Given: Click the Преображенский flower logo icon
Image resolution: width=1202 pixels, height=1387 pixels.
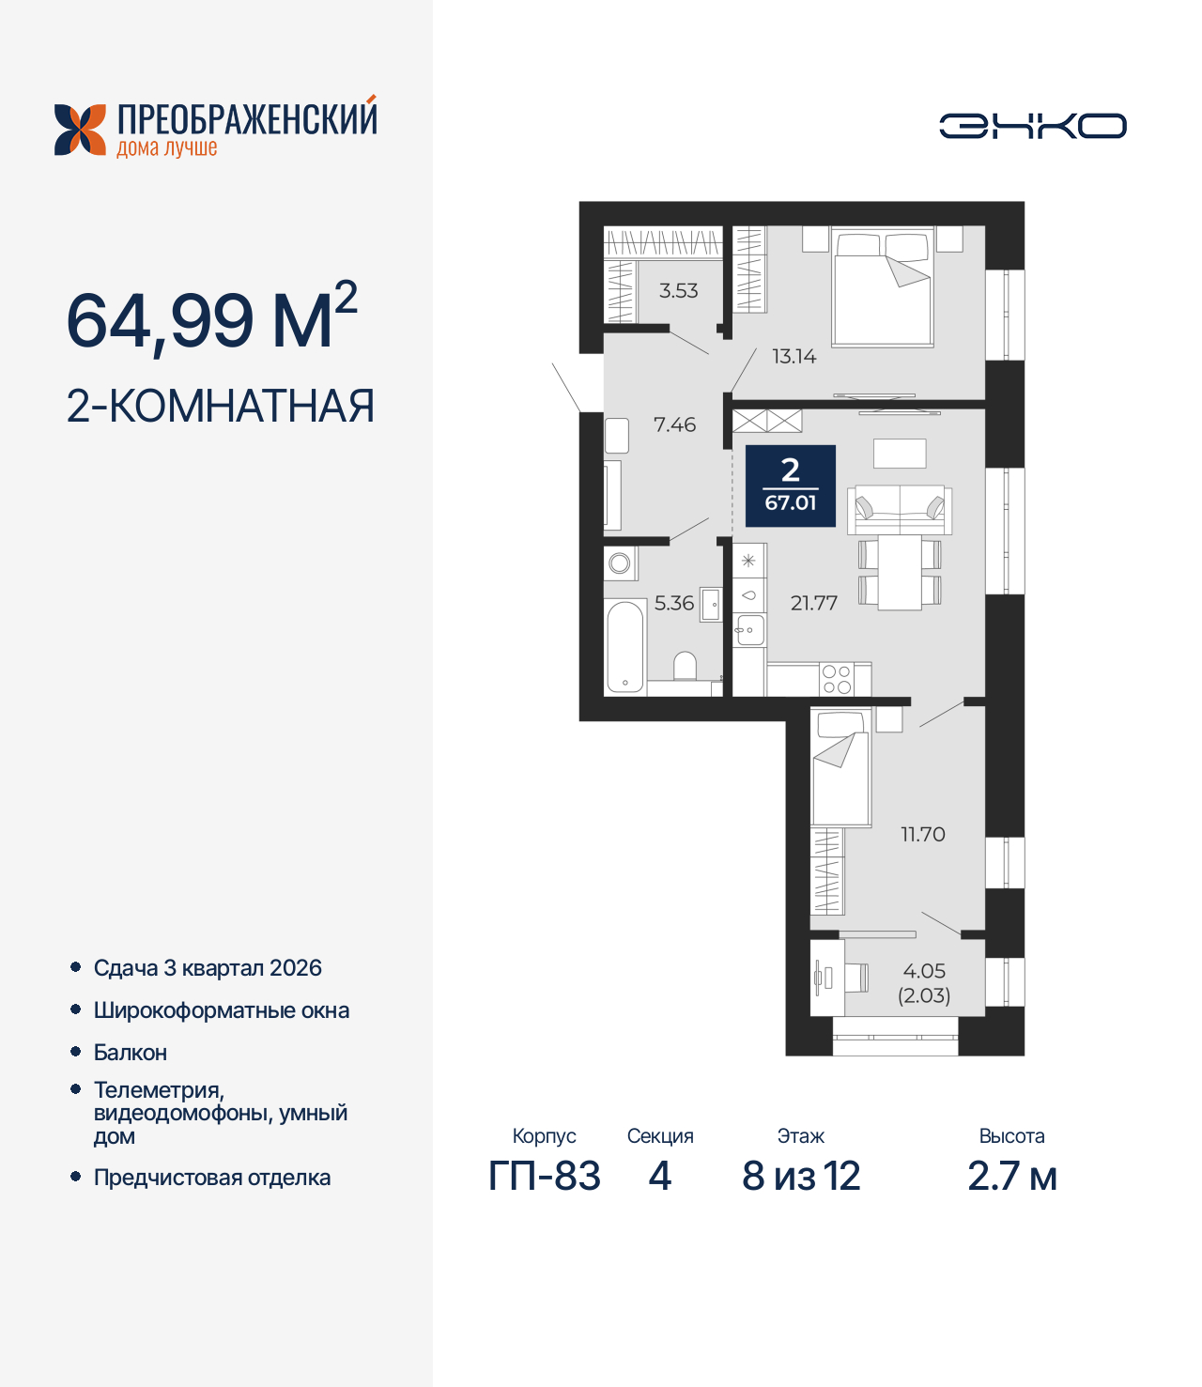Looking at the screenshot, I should pos(80,130).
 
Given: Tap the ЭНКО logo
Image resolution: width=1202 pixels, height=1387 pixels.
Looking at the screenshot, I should pos(1032,126).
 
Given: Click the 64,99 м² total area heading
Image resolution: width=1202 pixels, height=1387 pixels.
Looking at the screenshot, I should pos(212,319).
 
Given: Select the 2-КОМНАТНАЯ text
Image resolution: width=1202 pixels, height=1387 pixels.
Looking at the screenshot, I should pos(221,407).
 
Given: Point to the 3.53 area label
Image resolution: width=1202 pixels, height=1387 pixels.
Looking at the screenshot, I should pos(678,291).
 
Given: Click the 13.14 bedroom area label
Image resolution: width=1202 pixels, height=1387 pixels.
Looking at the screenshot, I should pos(794,357).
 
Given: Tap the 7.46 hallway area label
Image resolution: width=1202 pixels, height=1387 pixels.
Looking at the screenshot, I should pos(674,425).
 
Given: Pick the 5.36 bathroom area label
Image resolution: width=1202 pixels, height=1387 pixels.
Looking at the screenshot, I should pos(673,604).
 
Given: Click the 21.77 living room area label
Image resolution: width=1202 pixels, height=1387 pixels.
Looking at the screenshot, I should pos(813,604).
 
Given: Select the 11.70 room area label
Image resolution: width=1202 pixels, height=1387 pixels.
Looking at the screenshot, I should pos(922,835).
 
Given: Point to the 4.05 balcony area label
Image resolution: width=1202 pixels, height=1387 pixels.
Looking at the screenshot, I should pos(924,972).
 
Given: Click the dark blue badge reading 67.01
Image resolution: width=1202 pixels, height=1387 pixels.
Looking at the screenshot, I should pos(791,485).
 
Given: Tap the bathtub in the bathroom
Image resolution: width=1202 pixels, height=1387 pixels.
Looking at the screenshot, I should pos(624,647).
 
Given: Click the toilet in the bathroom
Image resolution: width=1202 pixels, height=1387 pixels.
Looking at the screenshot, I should pos(686,666).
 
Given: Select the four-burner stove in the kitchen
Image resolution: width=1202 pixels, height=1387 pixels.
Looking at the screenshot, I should pos(837,679).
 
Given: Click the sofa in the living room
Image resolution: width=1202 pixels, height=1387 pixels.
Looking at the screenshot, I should pos(900,510).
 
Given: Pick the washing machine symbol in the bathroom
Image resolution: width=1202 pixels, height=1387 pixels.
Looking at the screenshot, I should pos(620,563).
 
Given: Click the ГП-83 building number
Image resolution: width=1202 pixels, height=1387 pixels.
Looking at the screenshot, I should pos(545,1177).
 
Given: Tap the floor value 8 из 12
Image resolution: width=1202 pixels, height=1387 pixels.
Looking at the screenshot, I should pos(801,1177).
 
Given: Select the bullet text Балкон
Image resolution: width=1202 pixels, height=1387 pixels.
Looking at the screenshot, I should pos(131,1053).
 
